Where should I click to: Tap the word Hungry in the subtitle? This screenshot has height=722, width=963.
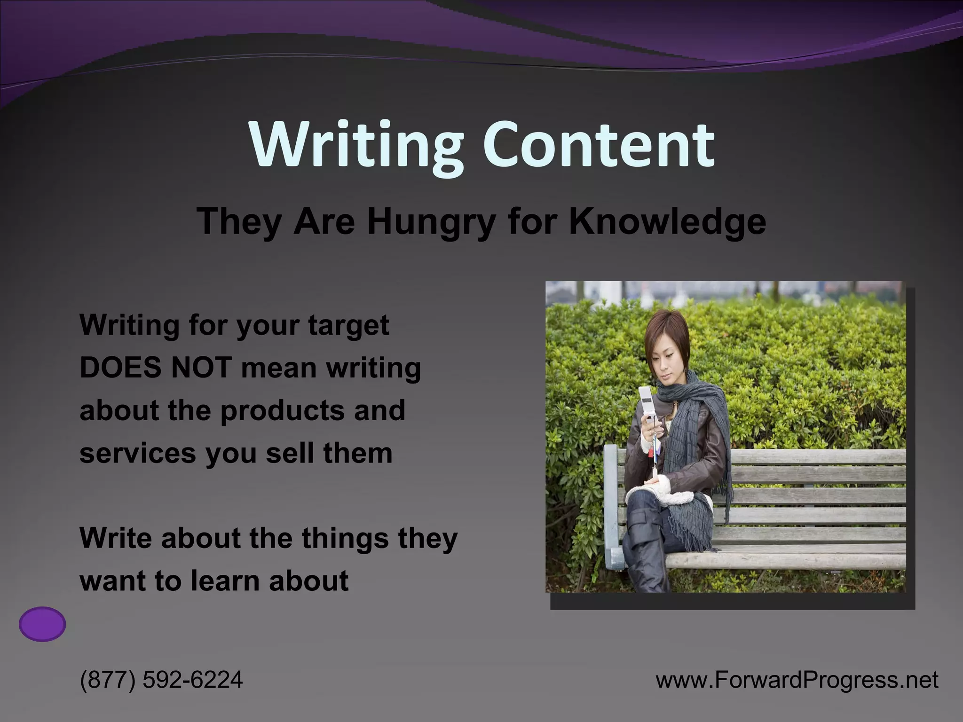(x=431, y=221)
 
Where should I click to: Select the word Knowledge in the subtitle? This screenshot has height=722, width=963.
(x=667, y=221)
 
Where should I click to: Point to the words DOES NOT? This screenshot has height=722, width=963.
(x=156, y=368)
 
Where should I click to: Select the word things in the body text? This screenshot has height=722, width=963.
(x=345, y=538)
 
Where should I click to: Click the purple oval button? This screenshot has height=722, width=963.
(x=42, y=624)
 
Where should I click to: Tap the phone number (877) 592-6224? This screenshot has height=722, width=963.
(x=161, y=680)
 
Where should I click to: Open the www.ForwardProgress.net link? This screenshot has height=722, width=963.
(x=797, y=680)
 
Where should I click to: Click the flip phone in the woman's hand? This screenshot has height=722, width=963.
(x=647, y=402)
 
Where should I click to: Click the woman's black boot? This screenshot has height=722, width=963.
(x=647, y=564)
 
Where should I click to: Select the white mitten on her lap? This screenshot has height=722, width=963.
(x=668, y=494)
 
